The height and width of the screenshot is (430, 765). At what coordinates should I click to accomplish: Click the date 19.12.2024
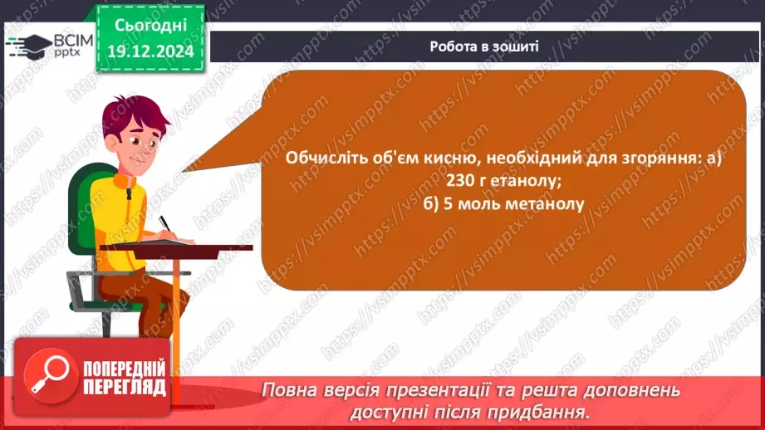(x=150, y=52)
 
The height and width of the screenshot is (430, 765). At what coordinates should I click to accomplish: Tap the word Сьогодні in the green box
(x=150, y=26)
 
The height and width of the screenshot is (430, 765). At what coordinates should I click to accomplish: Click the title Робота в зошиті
(x=484, y=46)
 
